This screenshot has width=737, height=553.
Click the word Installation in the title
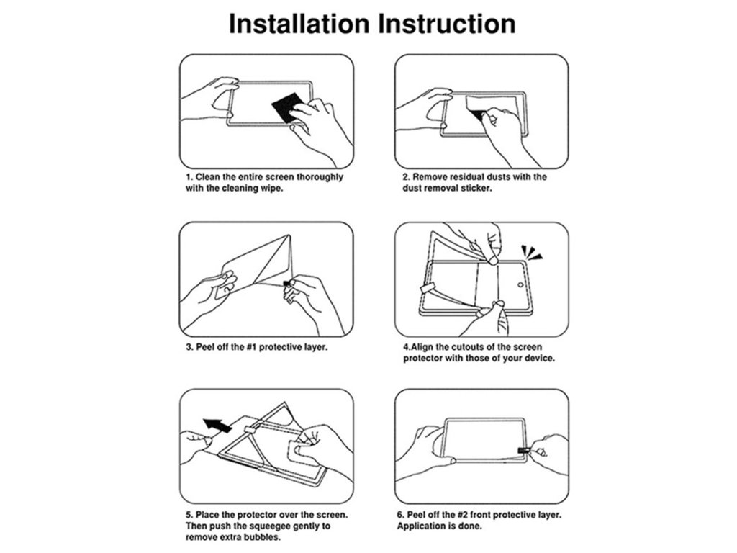coord(299,24)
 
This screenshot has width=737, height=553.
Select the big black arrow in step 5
coord(217,425)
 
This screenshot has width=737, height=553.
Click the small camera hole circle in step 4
coord(520,285)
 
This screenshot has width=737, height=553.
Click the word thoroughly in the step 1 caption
coord(319,177)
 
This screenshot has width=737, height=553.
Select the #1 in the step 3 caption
coord(251,347)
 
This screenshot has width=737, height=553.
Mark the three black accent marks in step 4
coord(531,252)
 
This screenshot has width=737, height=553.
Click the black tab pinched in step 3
coord(287,283)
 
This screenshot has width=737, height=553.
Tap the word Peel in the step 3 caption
coord(205,347)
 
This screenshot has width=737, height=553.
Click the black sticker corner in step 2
coord(479,114)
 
